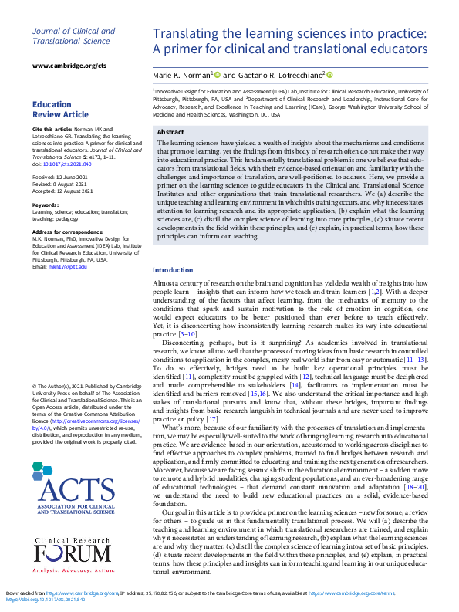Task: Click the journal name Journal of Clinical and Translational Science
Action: [x=73, y=37]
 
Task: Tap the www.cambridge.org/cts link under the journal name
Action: [x=69, y=66]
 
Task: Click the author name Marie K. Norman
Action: [x=182, y=75]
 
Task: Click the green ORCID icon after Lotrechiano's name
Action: [x=329, y=74]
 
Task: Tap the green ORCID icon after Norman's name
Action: [x=217, y=74]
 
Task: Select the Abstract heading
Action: [x=170, y=132]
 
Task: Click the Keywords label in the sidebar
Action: [x=45, y=205]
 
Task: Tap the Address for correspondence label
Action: [x=64, y=232]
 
